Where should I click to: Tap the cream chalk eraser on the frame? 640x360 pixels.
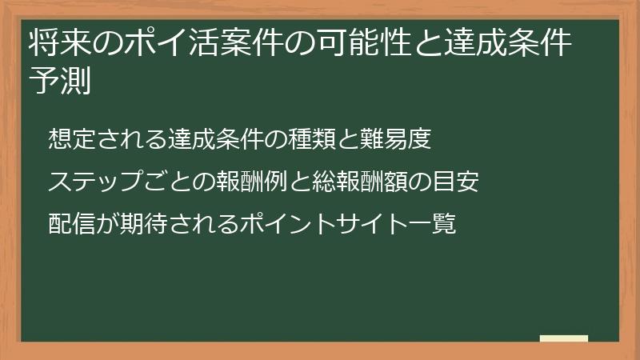click(564, 338)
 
